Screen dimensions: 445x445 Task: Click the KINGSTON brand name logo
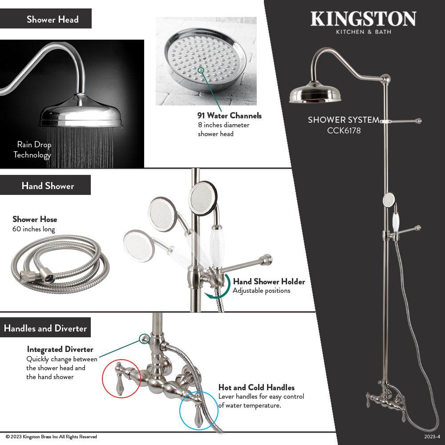tap(363, 19)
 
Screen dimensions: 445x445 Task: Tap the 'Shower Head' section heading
tap(53, 19)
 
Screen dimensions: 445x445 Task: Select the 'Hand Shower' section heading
tap(48, 186)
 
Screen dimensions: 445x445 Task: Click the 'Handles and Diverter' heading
tap(45, 328)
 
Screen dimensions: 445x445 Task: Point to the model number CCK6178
tap(344, 131)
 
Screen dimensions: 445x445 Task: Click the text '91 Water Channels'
tap(230, 116)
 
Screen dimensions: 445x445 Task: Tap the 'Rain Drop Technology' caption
tap(33, 150)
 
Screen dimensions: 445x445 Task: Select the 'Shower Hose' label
tap(35, 219)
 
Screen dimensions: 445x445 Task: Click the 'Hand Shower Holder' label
tap(269, 281)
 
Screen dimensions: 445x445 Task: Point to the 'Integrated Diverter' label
tap(60, 349)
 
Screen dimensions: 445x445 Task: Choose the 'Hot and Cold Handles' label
tap(256, 388)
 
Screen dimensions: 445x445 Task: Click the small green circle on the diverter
tap(144, 339)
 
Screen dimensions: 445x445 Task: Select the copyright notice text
tap(51, 437)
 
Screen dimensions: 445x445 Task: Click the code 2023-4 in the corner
tap(432, 437)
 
